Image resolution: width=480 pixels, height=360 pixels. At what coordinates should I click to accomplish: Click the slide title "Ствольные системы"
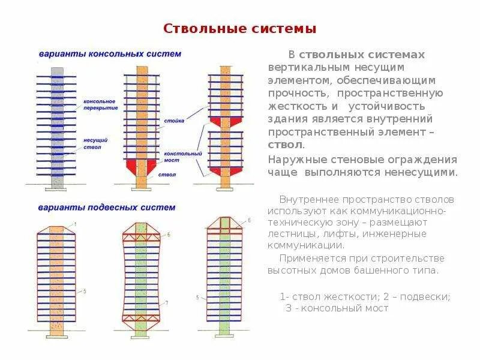pyautogui.click(x=240, y=29)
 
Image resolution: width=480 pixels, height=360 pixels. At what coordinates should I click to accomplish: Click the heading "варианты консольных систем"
pyautogui.click(x=110, y=54)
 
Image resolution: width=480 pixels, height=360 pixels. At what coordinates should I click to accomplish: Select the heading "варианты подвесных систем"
pyautogui.click(x=107, y=208)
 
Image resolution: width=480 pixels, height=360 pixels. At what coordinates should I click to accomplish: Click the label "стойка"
pyautogui.click(x=170, y=121)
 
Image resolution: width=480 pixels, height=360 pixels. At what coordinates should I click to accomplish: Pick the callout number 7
pyautogui.click(x=166, y=302)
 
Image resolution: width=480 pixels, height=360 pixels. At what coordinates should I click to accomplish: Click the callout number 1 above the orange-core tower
pyautogui.click(x=83, y=223)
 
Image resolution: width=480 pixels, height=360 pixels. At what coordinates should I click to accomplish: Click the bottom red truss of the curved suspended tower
pyautogui.click(x=142, y=317)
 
